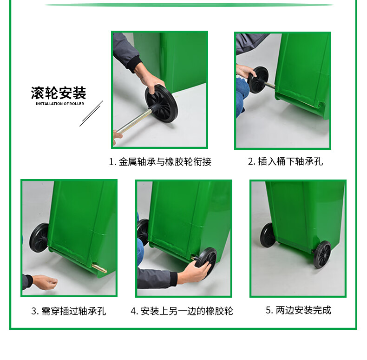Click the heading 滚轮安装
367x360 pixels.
click(x=59, y=93)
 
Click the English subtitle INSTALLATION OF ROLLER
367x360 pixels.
click(x=60, y=104)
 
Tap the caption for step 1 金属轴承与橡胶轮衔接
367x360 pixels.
click(x=160, y=162)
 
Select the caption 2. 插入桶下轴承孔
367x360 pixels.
click(x=285, y=161)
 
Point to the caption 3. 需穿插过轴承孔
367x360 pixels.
click(x=69, y=311)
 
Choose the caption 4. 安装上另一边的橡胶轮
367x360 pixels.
click(x=182, y=311)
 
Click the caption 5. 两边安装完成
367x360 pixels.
click(x=298, y=310)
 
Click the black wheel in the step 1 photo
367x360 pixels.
click(x=161, y=104)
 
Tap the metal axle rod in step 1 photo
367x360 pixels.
click(x=135, y=121)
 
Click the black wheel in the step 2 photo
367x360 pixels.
click(x=258, y=80)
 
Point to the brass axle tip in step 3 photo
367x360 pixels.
click(x=99, y=268)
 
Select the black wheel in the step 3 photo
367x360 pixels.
click(x=39, y=237)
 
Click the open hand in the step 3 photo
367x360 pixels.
click(x=45, y=282)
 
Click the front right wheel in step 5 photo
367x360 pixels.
click(x=322, y=254)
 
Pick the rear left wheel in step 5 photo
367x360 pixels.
click(x=268, y=235)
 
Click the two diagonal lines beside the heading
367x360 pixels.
click(x=91, y=113)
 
